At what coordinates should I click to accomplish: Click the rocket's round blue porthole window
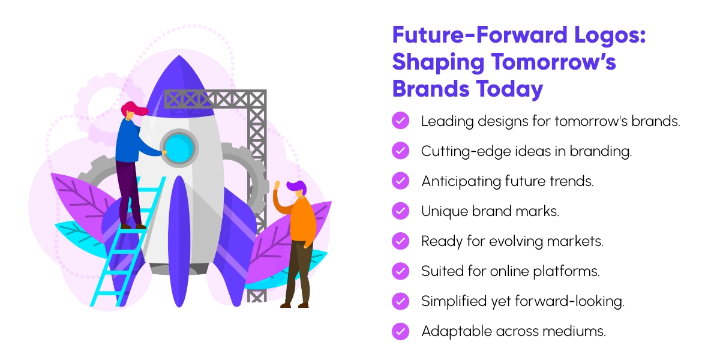coord(179,147)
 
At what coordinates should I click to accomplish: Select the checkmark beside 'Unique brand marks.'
coord(400,211)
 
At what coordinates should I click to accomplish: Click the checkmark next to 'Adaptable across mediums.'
coord(400,331)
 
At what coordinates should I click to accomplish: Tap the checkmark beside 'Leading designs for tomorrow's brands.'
coord(400,121)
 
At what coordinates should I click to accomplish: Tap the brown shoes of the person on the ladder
coord(133,226)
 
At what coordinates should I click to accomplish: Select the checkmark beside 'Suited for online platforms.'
coord(400,271)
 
